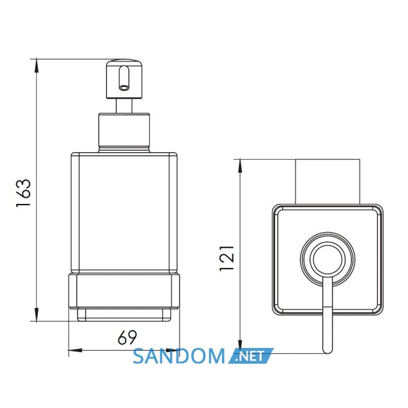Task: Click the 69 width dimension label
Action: coord(127,337)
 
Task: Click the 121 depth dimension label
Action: coord(227,258)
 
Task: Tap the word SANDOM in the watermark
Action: coord(179,356)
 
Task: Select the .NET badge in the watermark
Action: coord(251,356)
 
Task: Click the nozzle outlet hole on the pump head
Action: coord(124,87)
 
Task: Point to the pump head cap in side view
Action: coord(125,79)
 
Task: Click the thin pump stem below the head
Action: coord(124,106)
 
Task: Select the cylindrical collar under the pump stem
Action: coord(124,132)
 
